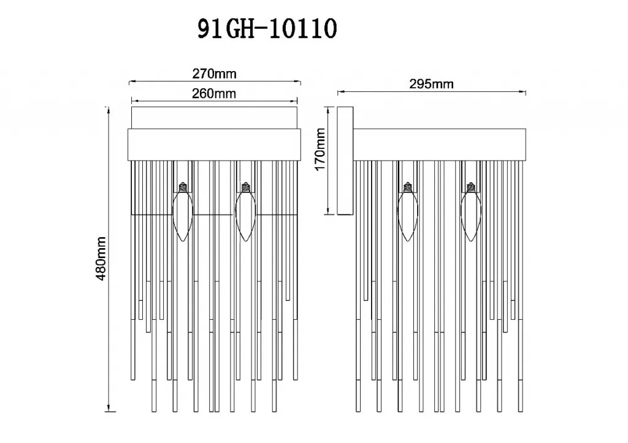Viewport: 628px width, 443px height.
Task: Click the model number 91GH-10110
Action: (x=267, y=29)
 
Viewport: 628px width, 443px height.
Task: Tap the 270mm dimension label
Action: (x=214, y=74)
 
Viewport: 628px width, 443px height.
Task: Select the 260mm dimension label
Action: (x=214, y=93)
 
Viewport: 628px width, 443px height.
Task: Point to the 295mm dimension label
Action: (x=431, y=84)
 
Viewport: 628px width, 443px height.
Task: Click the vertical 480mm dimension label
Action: (x=101, y=258)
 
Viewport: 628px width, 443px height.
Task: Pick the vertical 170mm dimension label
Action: (x=320, y=150)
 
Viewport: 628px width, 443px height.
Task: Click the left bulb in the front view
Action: (x=183, y=211)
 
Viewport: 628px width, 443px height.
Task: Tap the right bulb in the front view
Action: (x=245, y=211)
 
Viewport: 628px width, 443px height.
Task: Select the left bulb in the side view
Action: (x=408, y=211)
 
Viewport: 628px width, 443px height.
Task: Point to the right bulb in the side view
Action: (x=470, y=211)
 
